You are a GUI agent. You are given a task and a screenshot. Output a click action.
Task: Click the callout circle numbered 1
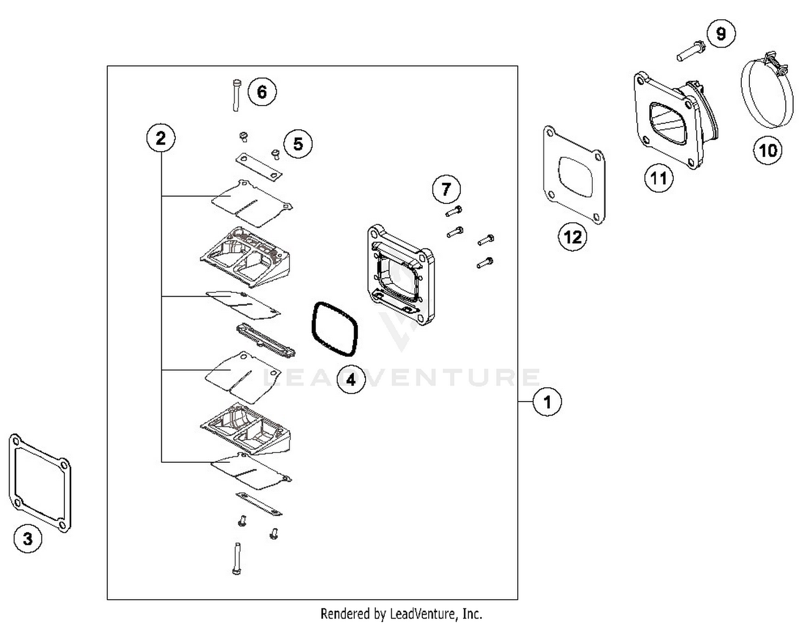pyautogui.click(x=547, y=402)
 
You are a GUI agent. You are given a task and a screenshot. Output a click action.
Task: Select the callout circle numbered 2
pyautogui.click(x=161, y=138)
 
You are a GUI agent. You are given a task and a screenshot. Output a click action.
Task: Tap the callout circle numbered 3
pyautogui.click(x=27, y=538)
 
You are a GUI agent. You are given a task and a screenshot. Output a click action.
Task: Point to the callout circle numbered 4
pyautogui.click(x=351, y=380)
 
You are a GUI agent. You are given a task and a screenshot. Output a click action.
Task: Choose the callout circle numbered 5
pyautogui.click(x=298, y=144)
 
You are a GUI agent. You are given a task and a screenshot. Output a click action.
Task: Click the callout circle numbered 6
pyautogui.click(x=262, y=92)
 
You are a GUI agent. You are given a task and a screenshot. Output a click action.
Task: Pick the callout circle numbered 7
pyautogui.click(x=446, y=188)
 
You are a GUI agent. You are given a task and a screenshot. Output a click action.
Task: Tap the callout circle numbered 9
pyautogui.click(x=721, y=34)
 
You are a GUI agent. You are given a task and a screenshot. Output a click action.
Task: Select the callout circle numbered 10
pyautogui.click(x=768, y=150)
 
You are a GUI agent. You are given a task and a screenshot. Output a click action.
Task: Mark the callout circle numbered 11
pyautogui.click(x=658, y=177)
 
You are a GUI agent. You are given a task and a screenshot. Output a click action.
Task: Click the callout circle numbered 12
pyautogui.click(x=572, y=237)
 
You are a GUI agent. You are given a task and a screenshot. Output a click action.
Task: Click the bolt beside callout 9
pyautogui.click(x=690, y=51)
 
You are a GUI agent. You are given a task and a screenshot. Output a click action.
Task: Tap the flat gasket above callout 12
pyautogui.click(x=574, y=174)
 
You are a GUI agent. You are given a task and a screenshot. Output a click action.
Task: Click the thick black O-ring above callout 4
pyautogui.click(x=334, y=329)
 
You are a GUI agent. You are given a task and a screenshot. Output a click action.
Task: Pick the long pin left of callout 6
pyautogui.click(x=236, y=95)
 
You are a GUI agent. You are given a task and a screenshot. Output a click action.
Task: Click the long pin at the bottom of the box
pyautogui.click(x=237, y=559)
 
